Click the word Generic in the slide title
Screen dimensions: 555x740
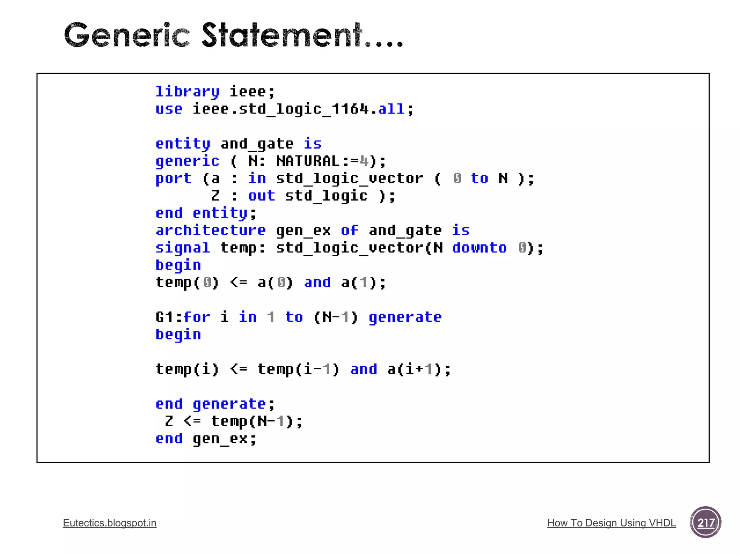point(126,35)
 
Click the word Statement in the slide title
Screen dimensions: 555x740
point(282,35)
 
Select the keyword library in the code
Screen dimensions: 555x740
point(187,92)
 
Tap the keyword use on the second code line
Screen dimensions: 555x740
point(169,109)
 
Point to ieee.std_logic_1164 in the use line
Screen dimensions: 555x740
point(280,109)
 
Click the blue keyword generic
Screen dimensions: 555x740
point(187,161)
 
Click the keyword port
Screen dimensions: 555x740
point(173,178)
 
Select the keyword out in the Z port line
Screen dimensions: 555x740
point(261,195)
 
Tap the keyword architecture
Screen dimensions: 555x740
point(211,230)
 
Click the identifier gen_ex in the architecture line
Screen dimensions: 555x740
point(303,231)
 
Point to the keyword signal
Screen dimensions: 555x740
point(182,248)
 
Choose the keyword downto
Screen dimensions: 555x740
point(479,248)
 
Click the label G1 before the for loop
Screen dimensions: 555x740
point(164,317)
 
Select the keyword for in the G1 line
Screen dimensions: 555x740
point(197,317)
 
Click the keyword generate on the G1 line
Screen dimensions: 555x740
point(405,317)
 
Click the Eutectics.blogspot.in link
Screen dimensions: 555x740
point(109,523)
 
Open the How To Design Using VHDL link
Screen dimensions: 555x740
point(611,523)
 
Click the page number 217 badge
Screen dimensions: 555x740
point(705,522)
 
